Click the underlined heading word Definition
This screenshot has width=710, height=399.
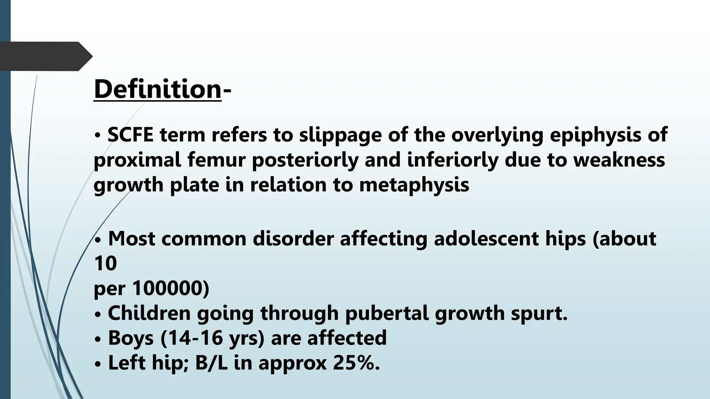coord(157,89)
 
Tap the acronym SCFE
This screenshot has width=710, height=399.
coord(130,135)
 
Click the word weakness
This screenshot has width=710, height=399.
coord(619,161)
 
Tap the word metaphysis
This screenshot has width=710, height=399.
coord(414,185)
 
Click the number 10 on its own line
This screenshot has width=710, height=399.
coord(105,264)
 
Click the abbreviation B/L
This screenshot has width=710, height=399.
coord(211,363)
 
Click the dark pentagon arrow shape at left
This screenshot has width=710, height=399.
coord(45,56)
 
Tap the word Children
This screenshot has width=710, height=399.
coord(149,313)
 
